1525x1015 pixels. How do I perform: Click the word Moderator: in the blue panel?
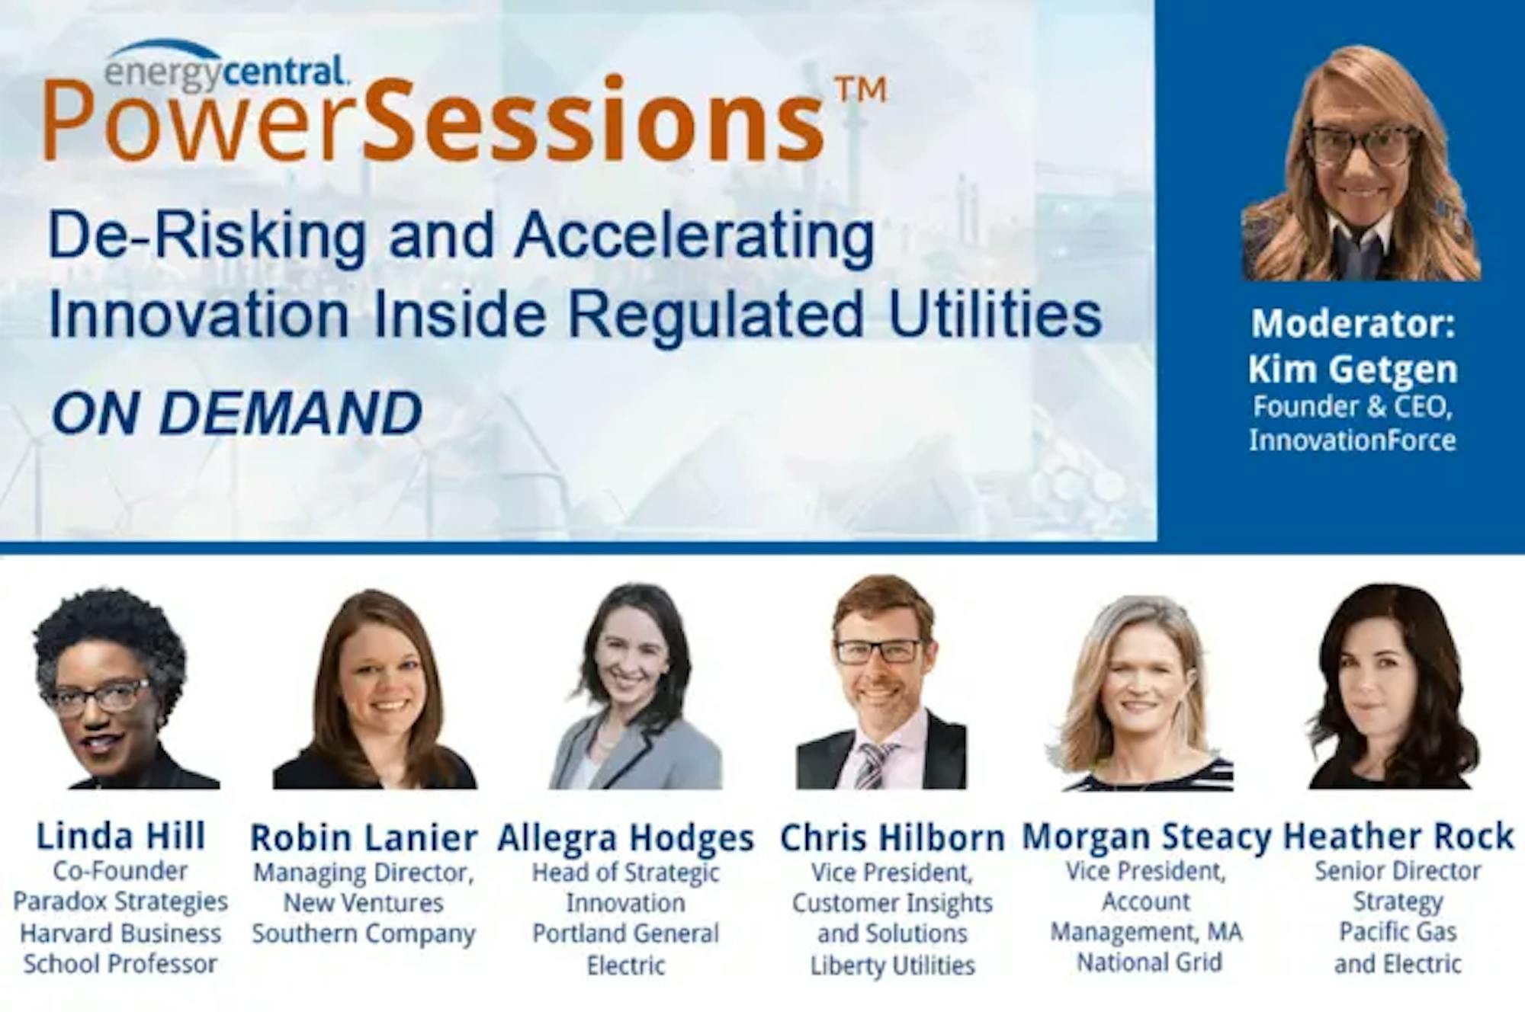point(1353,324)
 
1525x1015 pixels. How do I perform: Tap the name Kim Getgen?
point(1353,369)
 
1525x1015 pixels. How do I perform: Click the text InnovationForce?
point(1353,440)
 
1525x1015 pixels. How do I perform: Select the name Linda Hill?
point(121,836)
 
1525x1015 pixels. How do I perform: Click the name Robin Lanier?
point(364,837)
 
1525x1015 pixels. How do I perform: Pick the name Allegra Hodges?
point(625,838)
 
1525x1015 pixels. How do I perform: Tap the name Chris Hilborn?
point(892,837)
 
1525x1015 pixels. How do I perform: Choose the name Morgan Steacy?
point(1146,837)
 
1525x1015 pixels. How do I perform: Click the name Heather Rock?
point(1398,836)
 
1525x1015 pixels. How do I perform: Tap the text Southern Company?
point(364,933)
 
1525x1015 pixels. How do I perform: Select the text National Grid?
point(1149,962)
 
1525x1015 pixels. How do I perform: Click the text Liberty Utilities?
point(892,965)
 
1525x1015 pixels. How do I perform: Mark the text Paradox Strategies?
point(120,901)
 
